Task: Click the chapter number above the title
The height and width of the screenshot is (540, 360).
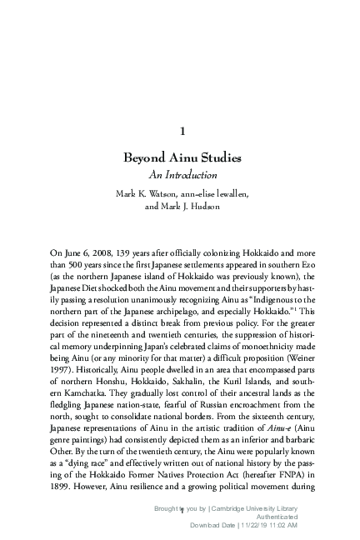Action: pyautogui.click(x=182, y=131)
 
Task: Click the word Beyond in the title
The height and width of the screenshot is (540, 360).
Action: pyautogui.click(x=145, y=158)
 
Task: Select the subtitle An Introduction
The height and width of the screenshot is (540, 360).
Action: pyautogui.click(x=182, y=175)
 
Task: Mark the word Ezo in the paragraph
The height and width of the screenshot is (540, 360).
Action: pyautogui.click(x=306, y=263)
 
